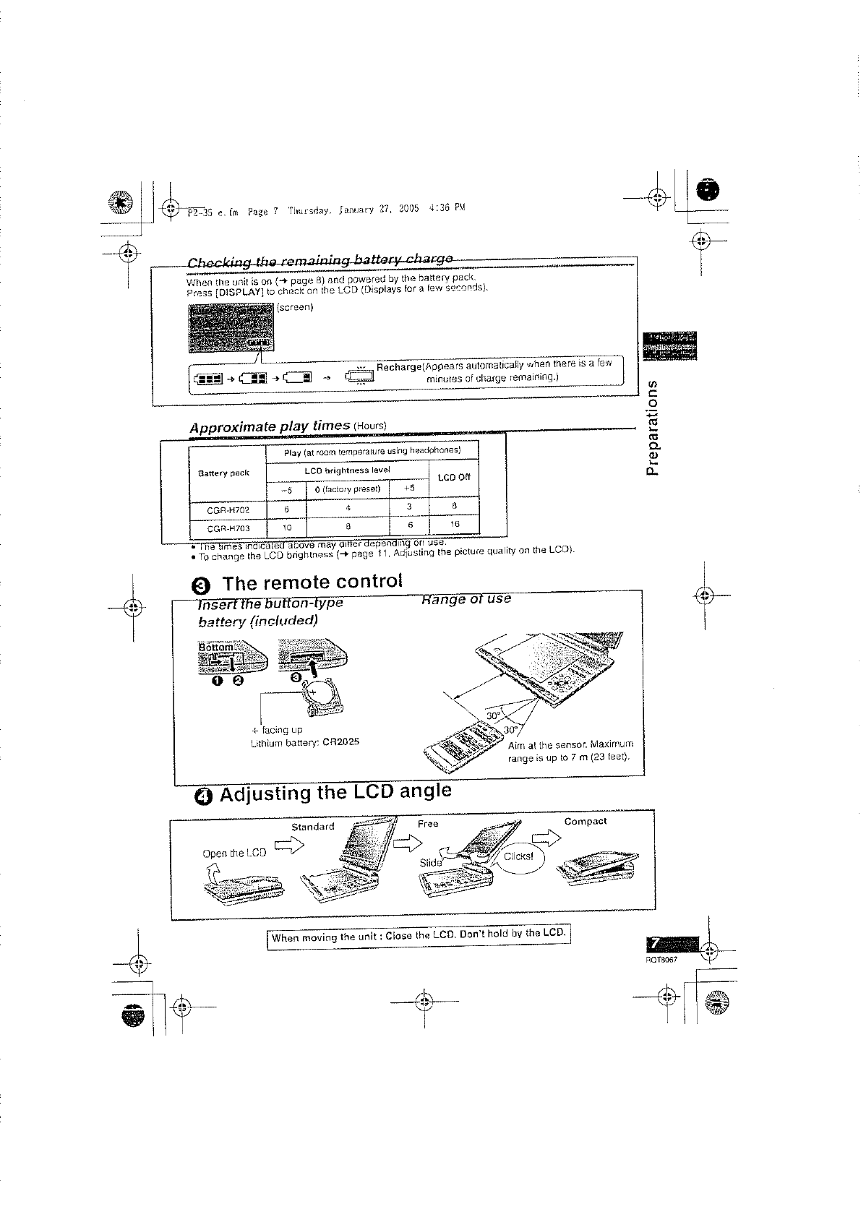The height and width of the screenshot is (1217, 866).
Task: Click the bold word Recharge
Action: point(398,368)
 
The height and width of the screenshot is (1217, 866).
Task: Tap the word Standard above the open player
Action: point(312,827)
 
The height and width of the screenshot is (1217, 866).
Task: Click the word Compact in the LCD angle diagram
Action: point(585,822)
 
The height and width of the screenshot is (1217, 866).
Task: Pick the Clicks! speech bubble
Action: point(518,857)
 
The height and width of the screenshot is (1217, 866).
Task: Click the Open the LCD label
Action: point(234,853)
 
